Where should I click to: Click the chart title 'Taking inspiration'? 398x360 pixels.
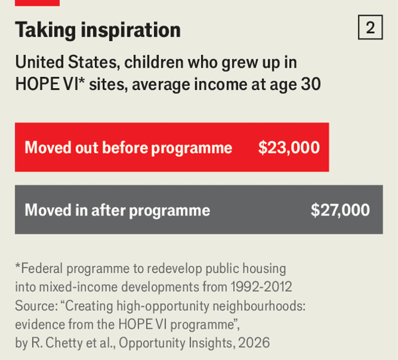pyautogui.click(x=98, y=30)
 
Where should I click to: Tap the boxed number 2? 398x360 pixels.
pyautogui.click(x=370, y=28)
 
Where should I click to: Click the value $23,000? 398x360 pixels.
pyautogui.click(x=289, y=147)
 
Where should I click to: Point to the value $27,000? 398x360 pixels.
pyautogui.click(x=340, y=210)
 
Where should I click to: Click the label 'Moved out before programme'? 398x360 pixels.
pyautogui.click(x=128, y=147)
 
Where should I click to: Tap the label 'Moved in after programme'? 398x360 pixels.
pyautogui.click(x=117, y=210)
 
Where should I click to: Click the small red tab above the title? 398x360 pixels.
pyautogui.click(x=37, y=3)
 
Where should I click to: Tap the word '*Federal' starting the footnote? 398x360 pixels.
pyautogui.click(x=40, y=269)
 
